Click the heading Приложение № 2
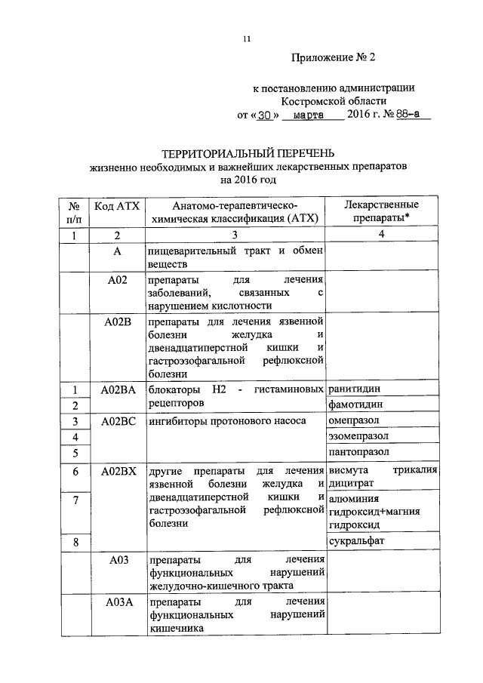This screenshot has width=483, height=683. point(332,57)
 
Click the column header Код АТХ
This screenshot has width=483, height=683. point(117,205)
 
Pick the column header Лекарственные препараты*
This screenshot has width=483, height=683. point(381,211)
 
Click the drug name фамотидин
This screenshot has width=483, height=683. point(356,405)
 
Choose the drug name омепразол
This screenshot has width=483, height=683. point(355,420)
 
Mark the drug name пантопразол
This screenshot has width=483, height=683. point(359,452)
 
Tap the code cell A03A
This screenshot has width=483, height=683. point(117,602)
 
